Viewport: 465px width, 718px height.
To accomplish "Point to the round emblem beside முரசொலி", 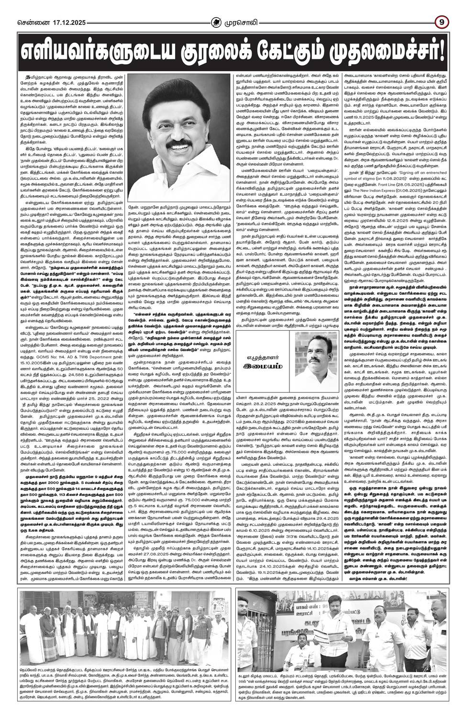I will coord(219,22).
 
